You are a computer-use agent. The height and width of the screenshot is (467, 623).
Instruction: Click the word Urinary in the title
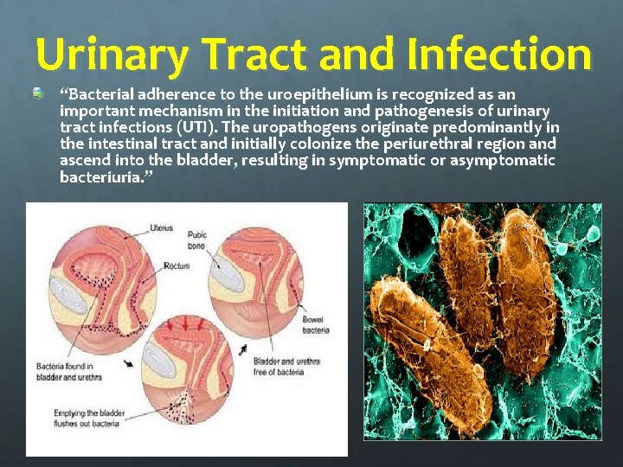[x=111, y=54]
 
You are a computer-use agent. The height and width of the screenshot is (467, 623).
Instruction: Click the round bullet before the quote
[x=40, y=92]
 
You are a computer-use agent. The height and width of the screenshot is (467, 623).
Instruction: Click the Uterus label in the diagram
[x=162, y=228]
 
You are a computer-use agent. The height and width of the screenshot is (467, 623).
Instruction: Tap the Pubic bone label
[x=198, y=238]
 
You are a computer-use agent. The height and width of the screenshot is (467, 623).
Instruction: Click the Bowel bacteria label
[x=315, y=325]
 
